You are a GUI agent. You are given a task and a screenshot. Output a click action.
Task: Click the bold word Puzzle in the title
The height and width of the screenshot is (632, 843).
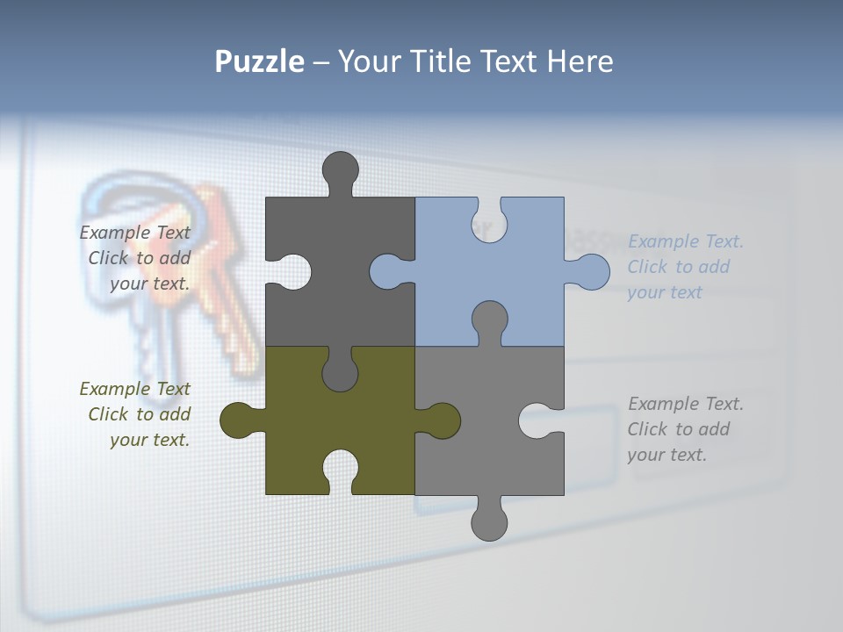coord(259,61)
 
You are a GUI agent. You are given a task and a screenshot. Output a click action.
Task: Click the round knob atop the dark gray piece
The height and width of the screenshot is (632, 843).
coord(341,169)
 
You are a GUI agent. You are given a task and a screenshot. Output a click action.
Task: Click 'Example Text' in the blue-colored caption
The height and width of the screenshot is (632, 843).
coord(686,241)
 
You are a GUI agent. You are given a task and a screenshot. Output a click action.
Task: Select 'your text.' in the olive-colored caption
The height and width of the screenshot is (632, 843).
coord(149,440)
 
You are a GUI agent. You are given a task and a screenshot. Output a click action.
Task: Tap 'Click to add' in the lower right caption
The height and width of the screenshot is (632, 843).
coord(678,429)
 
